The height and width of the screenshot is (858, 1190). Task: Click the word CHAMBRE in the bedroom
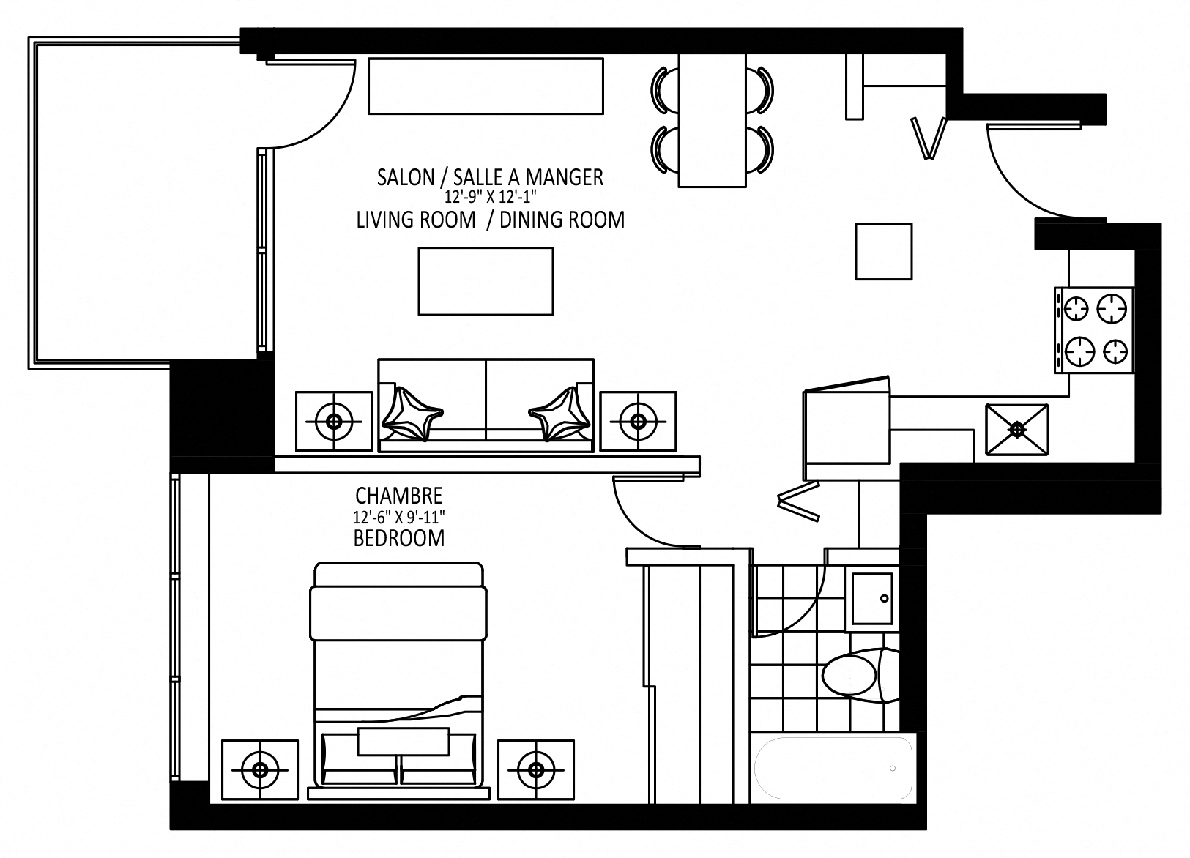coord(398,496)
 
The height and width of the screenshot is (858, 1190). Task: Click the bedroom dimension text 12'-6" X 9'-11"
coord(399,517)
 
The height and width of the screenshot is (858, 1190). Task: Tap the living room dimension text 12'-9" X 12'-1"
coord(490,198)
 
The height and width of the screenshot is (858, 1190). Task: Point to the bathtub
coord(834,768)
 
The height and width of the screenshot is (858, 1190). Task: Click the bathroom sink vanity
coord(871,599)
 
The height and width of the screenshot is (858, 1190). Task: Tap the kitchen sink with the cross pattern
coord(1016,430)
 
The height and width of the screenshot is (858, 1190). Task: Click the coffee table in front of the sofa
coord(485,281)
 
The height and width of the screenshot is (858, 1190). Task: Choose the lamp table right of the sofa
coord(638,421)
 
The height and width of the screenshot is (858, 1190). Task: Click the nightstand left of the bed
coord(259,769)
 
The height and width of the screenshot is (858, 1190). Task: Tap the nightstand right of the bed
coord(535,769)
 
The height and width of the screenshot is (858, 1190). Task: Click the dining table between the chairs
coord(712,121)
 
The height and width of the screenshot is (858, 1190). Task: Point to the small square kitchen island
coord(884,251)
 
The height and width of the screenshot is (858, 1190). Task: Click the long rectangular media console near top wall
coord(486,86)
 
